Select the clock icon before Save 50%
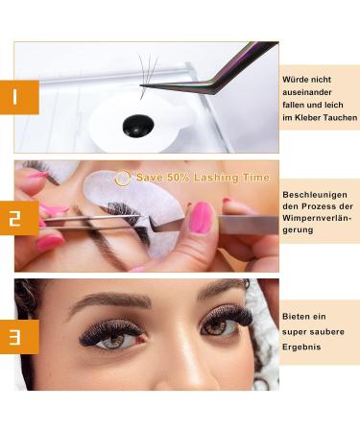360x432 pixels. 122,178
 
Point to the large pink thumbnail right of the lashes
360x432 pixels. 200,217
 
